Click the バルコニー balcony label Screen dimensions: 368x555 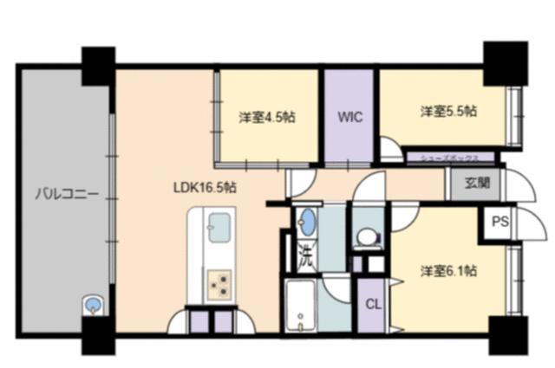pos(58,192)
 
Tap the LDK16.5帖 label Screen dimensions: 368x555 pos(206,186)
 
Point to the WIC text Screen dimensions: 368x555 pos(350,115)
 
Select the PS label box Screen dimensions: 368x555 pos(499,222)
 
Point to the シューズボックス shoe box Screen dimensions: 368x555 pos(451,158)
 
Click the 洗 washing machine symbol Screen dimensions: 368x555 pos(305,255)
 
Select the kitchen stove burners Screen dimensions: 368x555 pos(218,281)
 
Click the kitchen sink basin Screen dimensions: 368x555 pos(217,232)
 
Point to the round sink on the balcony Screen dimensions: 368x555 pos(92,305)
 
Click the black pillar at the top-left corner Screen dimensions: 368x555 pos(98,65)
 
